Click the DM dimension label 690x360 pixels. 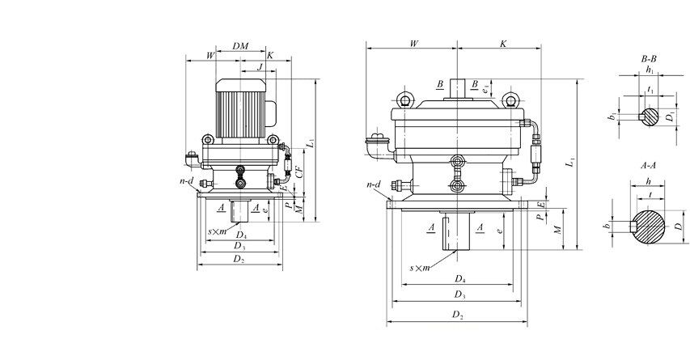(239, 46)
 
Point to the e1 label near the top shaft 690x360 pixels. (485, 90)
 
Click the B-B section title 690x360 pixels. (649, 59)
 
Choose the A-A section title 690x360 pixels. (648, 165)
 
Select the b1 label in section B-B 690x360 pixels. (613, 117)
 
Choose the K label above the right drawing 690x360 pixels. (502, 43)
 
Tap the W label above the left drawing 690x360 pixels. (210, 55)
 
